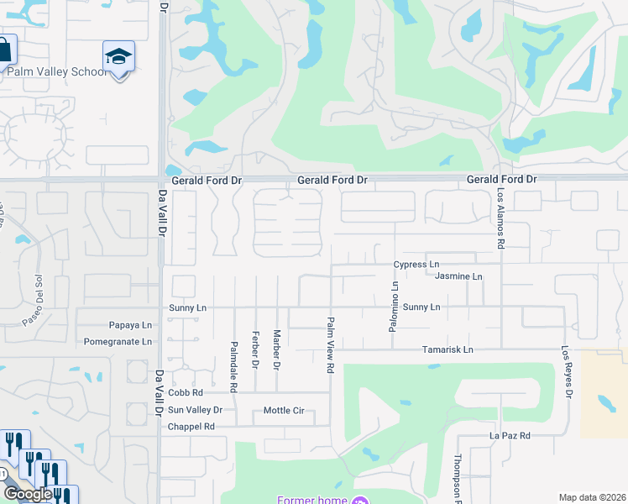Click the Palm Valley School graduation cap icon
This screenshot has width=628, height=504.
[118, 56]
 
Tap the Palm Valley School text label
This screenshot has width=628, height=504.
[57, 72]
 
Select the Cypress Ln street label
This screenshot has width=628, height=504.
[416, 265]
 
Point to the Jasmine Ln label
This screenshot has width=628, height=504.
[458, 277]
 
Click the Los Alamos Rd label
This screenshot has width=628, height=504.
[500, 218]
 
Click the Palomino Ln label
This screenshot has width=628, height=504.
[393, 307]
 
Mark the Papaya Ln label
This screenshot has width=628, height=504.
[131, 326]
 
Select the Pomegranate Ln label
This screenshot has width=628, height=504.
[118, 343]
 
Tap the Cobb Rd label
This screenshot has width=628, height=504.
[186, 393]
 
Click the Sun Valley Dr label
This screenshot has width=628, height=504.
[195, 410]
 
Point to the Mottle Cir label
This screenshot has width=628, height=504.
[288, 411]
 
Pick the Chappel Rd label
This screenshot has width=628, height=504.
[191, 427]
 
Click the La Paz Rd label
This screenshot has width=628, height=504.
[510, 436]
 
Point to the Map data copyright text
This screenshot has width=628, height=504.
[592, 497]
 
